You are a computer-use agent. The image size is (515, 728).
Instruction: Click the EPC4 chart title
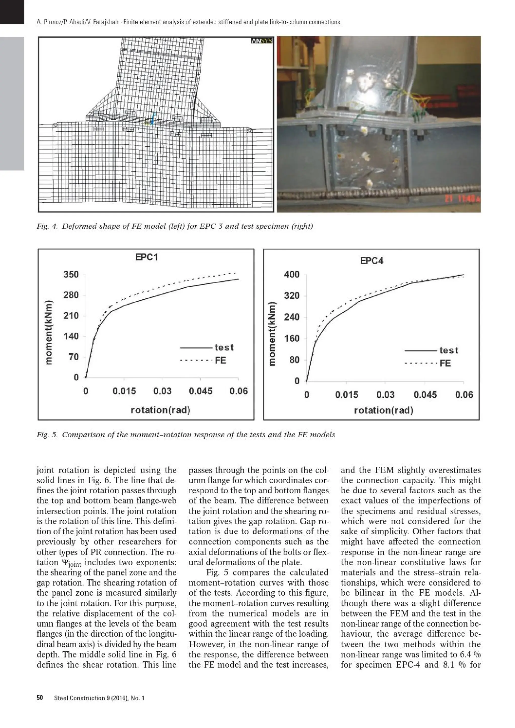tap(372, 261)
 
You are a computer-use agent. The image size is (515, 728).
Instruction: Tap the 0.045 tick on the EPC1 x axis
tap(200, 391)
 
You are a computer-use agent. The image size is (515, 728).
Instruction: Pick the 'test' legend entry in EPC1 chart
tap(224, 347)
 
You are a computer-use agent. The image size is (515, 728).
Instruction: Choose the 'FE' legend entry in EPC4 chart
tap(445, 363)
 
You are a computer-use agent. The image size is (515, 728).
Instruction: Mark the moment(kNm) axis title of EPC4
tap(272, 334)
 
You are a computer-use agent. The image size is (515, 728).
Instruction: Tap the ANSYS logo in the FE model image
tap(262, 41)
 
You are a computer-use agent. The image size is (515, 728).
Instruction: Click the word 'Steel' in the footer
tap(61, 698)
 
